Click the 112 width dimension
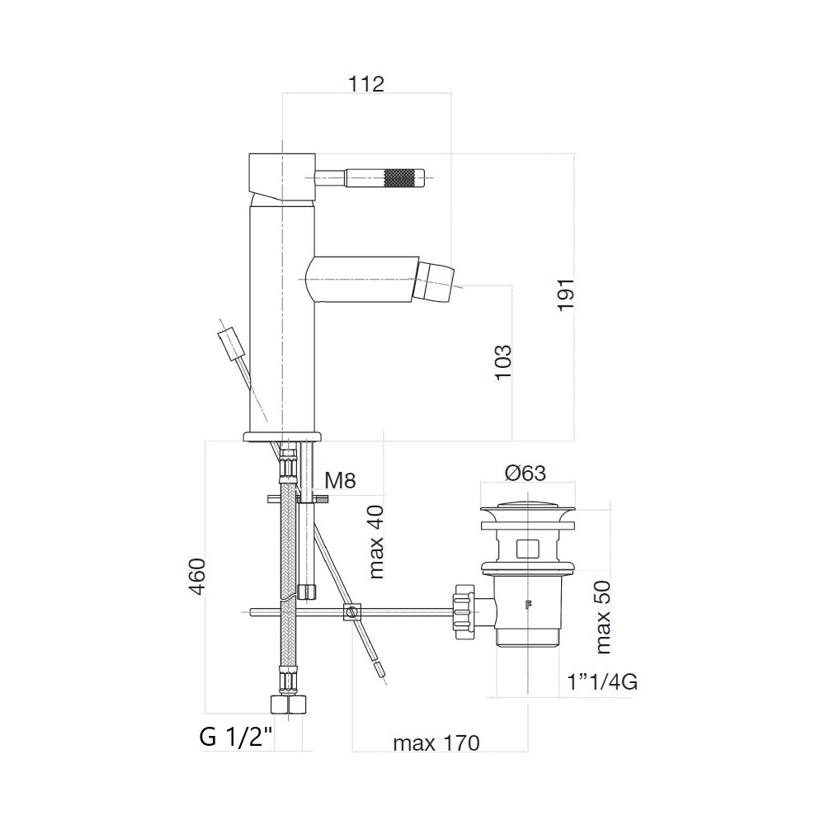[x=366, y=83]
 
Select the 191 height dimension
[x=566, y=295]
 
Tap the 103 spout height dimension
[x=503, y=362]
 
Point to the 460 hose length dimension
[x=197, y=577]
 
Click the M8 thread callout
[x=340, y=480]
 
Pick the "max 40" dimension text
[x=377, y=542]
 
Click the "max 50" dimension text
[x=603, y=617]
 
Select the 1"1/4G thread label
[x=602, y=682]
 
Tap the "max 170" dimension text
[x=436, y=743]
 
